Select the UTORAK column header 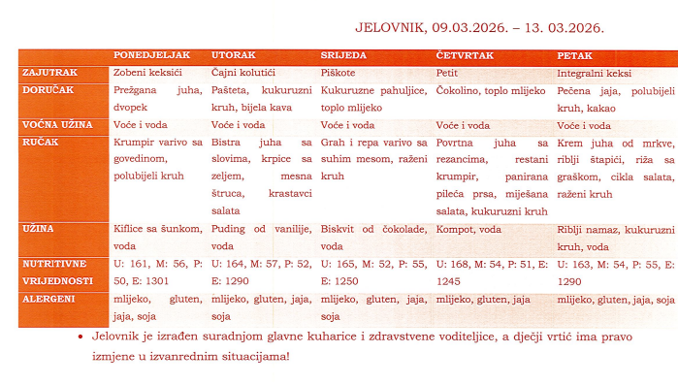click(x=234, y=55)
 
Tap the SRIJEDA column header click(x=344, y=55)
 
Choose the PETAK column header click(x=576, y=55)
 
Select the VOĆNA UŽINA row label click(x=57, y=125)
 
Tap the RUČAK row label click(x=41, y=142)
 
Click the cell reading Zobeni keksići click(x=147, y=73)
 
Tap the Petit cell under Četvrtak click(x=446, y=73)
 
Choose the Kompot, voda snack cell click(x=470, y=230)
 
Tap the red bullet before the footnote click(x=79, y=337)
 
